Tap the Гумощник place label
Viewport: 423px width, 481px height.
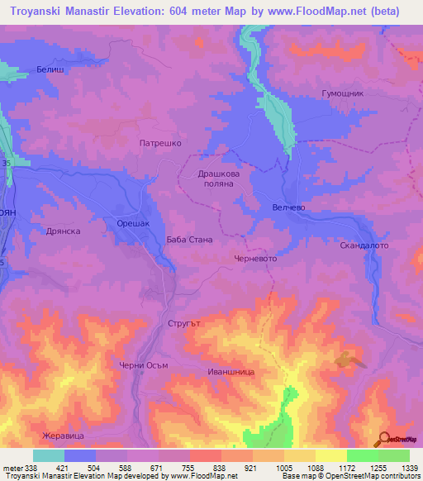[x=342, y=94]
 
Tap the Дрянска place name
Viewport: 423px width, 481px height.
[x=63, y=231]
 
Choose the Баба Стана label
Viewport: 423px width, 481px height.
[x=189, y=240]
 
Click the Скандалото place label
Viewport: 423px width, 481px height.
[x=364, y=246]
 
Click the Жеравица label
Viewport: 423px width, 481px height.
[x=64, y=435]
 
